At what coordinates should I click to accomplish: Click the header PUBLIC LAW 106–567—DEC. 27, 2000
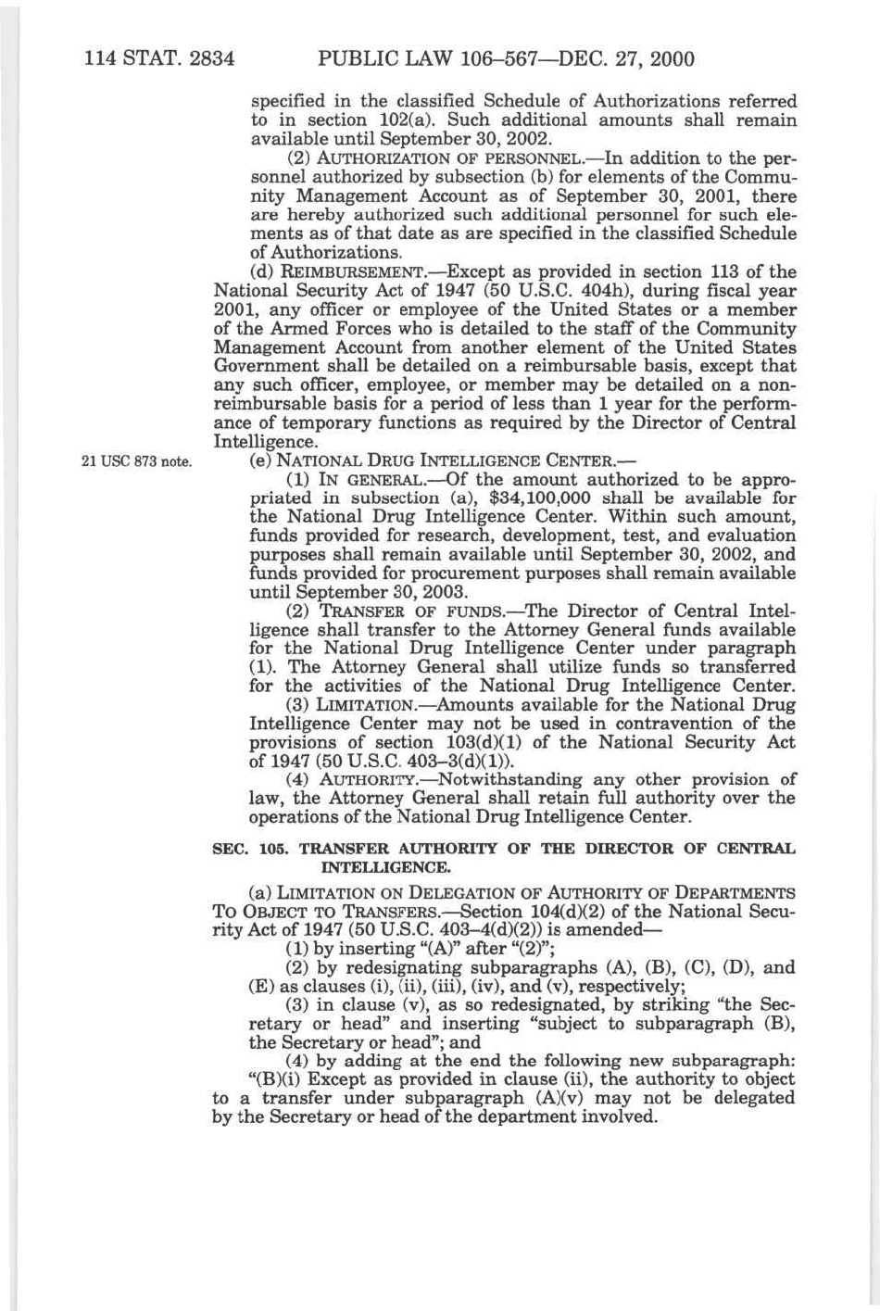click(506, 60)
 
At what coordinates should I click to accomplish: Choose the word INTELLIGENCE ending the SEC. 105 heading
click(385, 868)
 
